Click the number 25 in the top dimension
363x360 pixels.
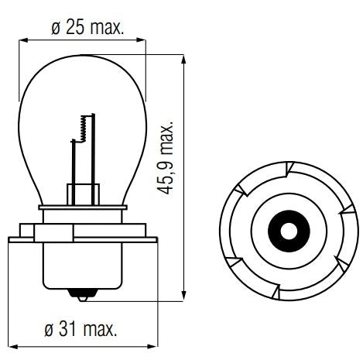[76, 28]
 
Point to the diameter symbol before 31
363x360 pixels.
[46, 331]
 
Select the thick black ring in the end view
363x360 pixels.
[286, 230]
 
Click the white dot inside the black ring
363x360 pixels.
[286, 230]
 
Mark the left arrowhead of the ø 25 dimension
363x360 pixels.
[22, 39]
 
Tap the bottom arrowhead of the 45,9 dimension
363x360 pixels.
[183, 293]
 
